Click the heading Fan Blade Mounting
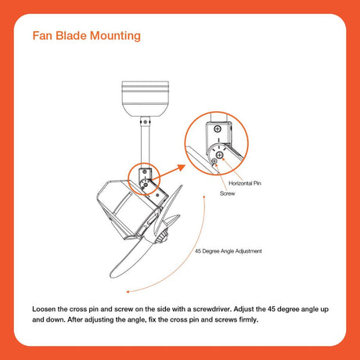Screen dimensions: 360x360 [x=87, y=36]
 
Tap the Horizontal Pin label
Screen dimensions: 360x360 [x=245, y=183]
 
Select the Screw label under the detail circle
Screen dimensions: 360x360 [x=227, y=193]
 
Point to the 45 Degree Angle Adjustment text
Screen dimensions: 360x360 [x=229, y=251]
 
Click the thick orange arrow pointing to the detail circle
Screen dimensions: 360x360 [x=168, y=172]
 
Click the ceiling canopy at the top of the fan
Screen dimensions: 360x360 [x=146, y=99]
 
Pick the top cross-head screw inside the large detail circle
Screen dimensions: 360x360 [x=218, y=128]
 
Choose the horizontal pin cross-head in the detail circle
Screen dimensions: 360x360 [x=220, y=156]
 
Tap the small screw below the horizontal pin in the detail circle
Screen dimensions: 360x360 [x=214, y=161]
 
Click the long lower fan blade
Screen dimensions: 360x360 [x=131, y=258]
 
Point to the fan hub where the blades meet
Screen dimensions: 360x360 [x=161, y=237]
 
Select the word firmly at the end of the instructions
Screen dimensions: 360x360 [x=249, y=319]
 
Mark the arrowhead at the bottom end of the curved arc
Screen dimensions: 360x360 [x=128, y=292]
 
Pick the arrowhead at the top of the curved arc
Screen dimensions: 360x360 [x=204, y=196]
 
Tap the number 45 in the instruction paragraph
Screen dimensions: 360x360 [x=272, y=309]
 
